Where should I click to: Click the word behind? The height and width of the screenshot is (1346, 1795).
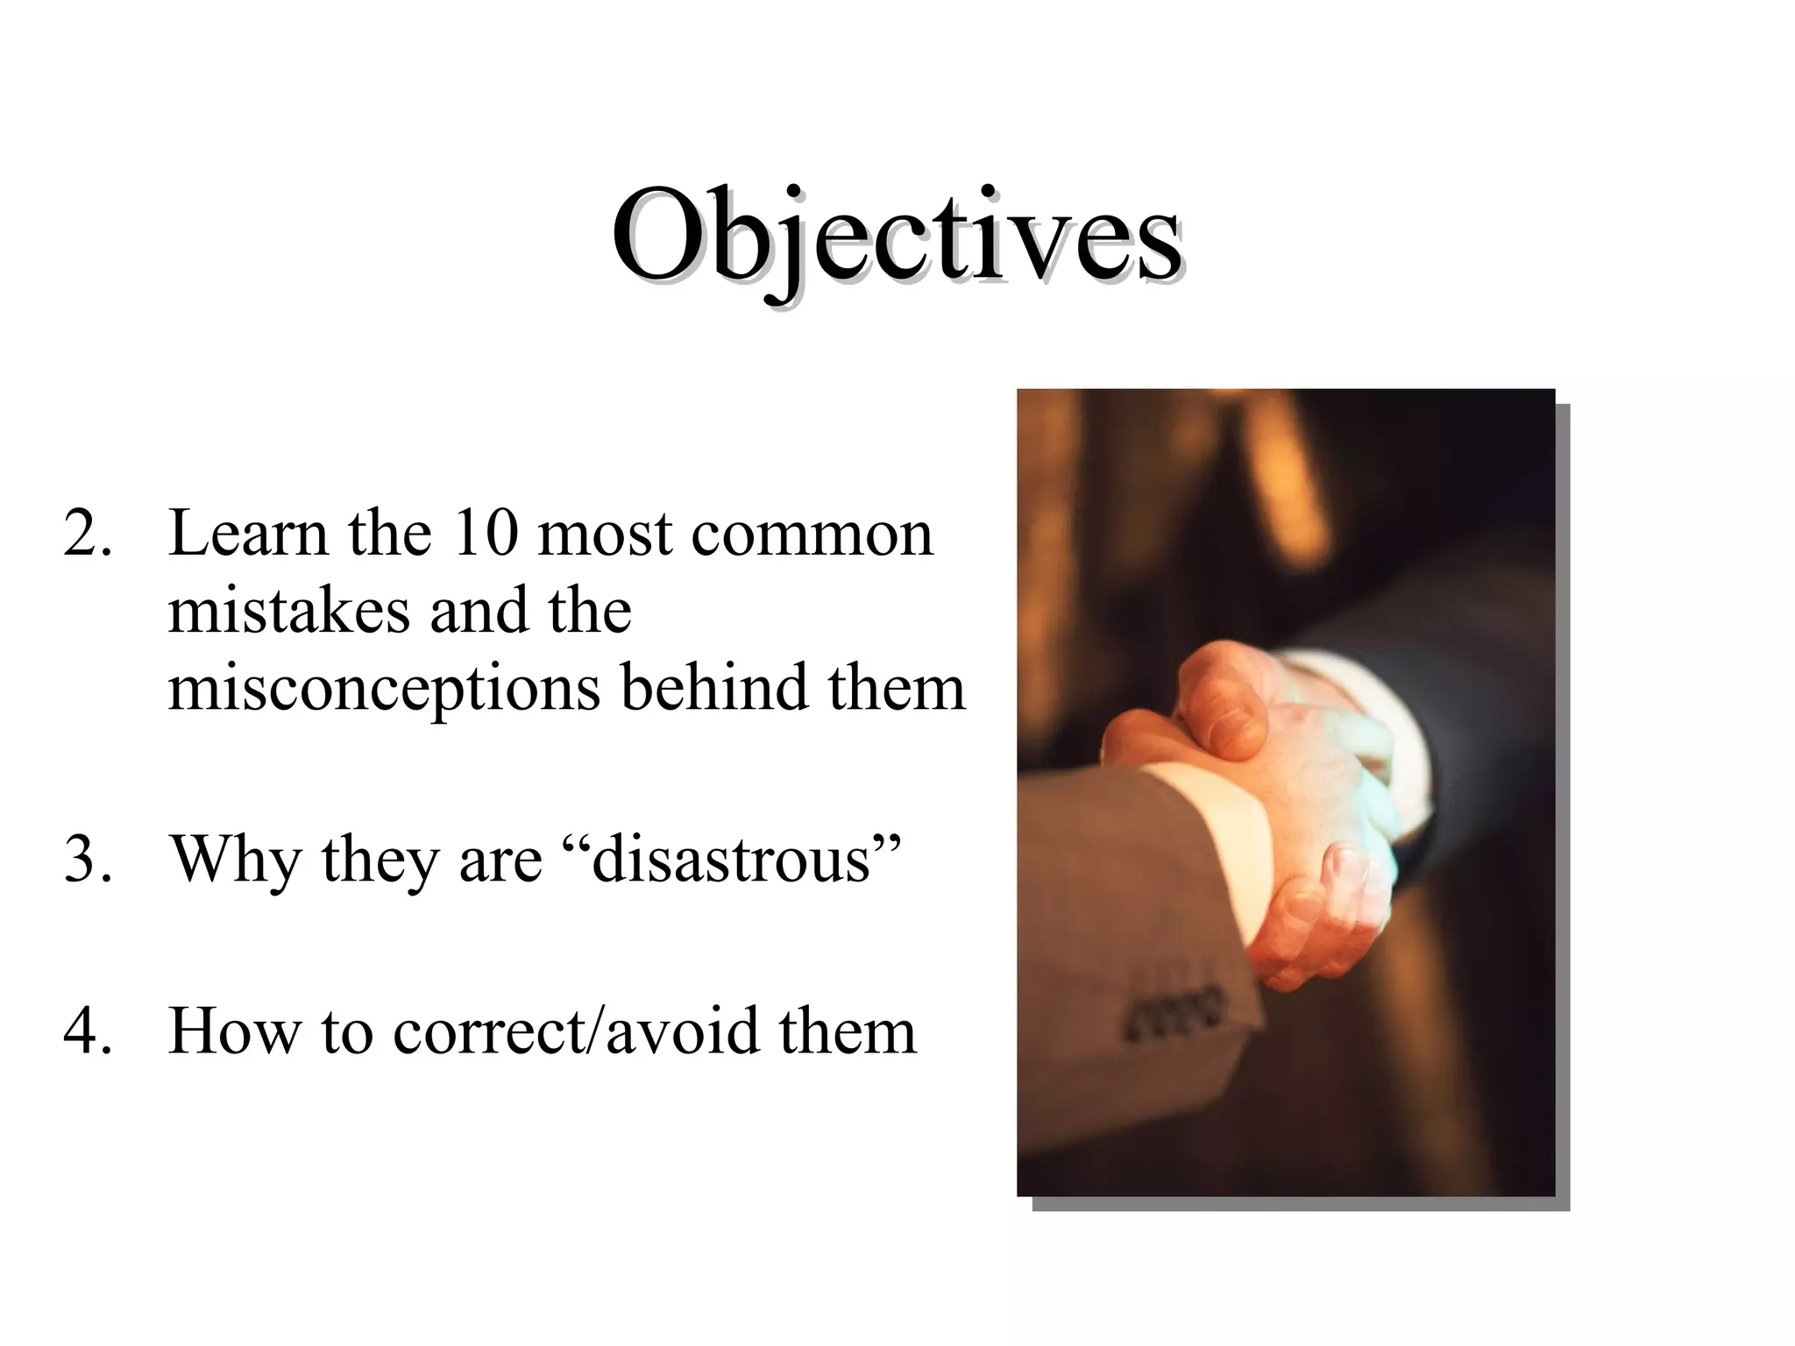point(713,687)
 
